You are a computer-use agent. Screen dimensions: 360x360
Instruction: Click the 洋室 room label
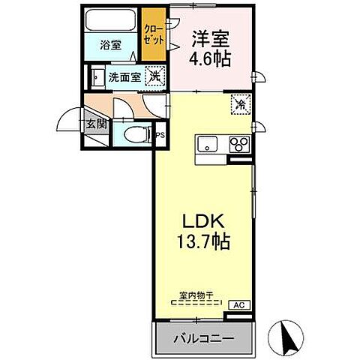211,37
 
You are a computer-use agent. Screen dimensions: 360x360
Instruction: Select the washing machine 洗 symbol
154,75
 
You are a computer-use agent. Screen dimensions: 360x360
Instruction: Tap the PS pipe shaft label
160,135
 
